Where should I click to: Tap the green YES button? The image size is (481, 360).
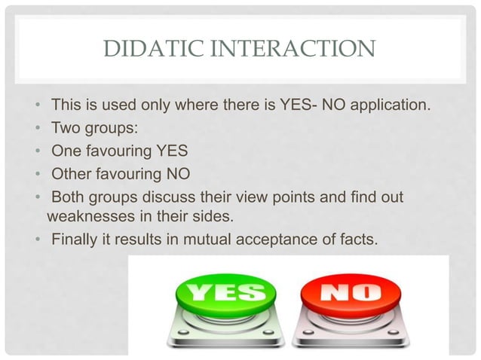point(219,294)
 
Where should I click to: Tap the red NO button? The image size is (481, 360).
point(345,294)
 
